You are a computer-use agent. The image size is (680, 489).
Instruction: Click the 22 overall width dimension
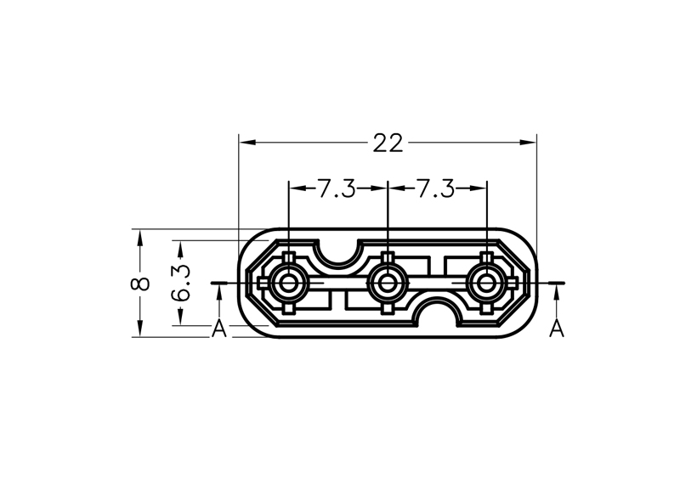coord(388,143)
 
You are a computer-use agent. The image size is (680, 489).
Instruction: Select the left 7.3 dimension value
coord(337,188)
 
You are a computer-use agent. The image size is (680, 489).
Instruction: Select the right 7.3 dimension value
coord(436,188)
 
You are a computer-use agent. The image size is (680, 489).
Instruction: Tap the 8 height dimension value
coord(140,284)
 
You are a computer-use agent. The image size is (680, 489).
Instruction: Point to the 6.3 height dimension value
coord(181,283)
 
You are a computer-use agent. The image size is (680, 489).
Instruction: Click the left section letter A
coord(219,329)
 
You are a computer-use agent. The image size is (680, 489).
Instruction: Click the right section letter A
coord(557,329)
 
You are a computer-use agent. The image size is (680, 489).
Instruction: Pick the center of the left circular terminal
coord(287,284)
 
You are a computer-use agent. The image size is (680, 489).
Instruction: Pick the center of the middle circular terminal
coord(388,284)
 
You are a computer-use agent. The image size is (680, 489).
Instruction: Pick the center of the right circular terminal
coord(486,284)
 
